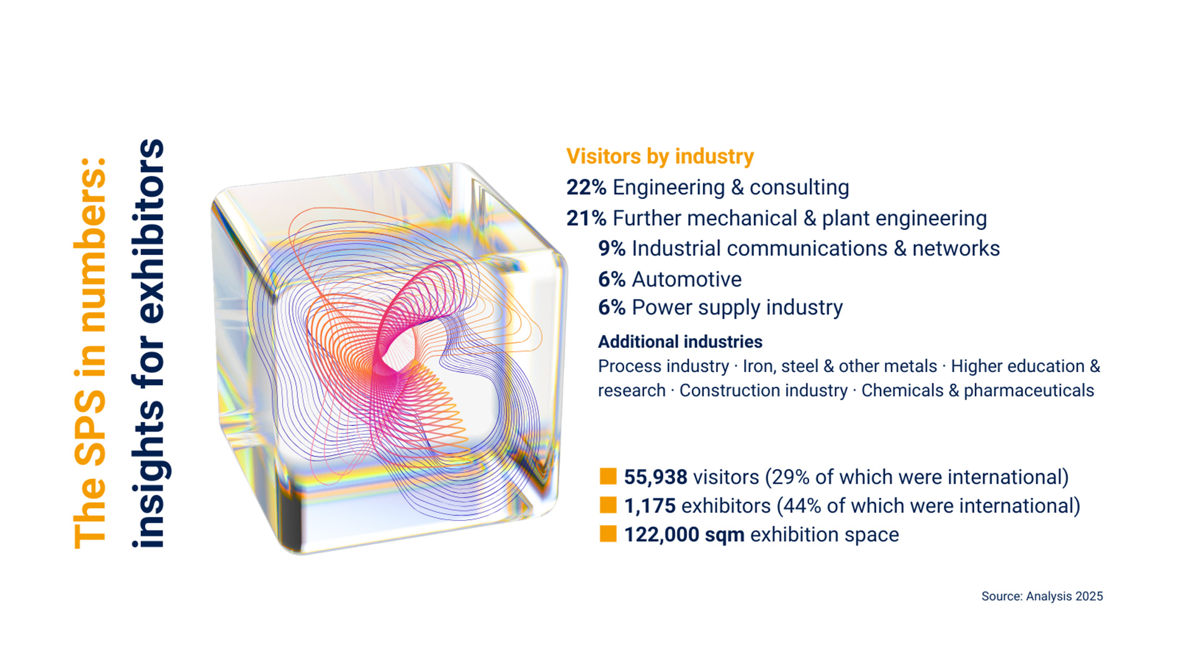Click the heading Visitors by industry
(x=660, y=156)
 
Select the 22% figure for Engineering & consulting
(x=585, y=187)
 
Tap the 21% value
(x=585, y=218)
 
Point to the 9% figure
(x=611, y=249)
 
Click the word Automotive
(x=686, y=280)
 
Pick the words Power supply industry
(x=737, y=308)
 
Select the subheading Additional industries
(x=680, y=342)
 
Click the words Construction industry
(x=763, y=391)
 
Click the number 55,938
(x=655, y=477)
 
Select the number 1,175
(x=650, y=506)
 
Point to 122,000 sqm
(x=684, y=535)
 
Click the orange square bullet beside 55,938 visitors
(x=608, y=476)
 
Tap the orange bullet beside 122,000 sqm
(x=608, y=534)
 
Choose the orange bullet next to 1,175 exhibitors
(x=608, y=505)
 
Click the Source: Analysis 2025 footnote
(x=1042, y=596)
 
